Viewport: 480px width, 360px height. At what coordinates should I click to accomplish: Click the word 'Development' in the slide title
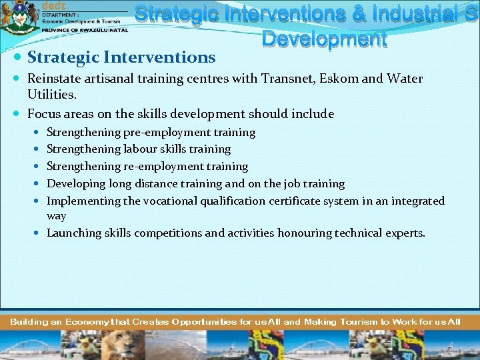(x=324, y=39)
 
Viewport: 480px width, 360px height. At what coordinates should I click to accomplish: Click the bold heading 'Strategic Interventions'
(x=121, y=58)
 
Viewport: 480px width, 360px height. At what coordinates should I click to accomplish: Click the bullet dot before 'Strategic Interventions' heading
(x=18, y=58)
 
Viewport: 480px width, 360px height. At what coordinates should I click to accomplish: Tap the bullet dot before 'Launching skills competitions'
(x=38, y=233)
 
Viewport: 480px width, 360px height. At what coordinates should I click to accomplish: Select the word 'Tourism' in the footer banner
(x=359, y=321)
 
